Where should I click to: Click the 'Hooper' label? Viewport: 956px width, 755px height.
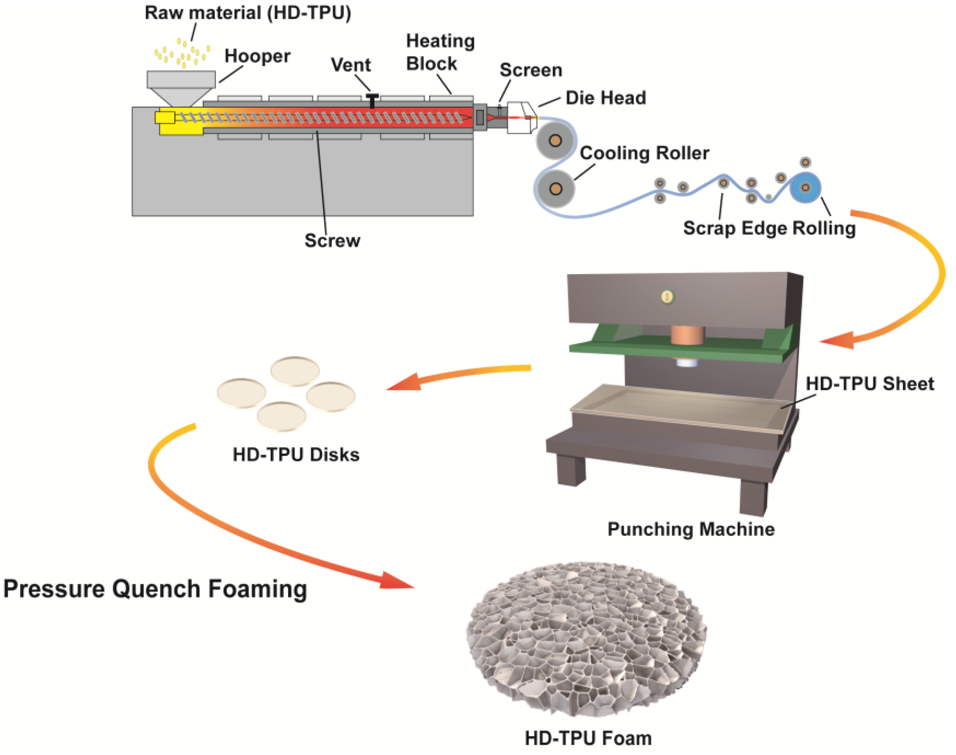257,56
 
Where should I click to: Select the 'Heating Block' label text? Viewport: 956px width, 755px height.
440,52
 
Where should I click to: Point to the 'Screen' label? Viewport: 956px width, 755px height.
530,70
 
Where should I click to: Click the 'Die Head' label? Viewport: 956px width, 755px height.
606,98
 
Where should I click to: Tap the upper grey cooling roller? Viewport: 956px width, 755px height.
555,141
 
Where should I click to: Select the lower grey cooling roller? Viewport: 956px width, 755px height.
555,189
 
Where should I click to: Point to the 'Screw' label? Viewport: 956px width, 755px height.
332,240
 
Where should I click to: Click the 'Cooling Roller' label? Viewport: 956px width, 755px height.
644,153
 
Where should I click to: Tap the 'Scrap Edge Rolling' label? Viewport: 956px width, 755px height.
769,228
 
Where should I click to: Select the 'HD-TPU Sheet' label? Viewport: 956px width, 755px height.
869,384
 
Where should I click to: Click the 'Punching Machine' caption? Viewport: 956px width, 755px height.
691,529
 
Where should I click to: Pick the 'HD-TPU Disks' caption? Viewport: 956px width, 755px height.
296,454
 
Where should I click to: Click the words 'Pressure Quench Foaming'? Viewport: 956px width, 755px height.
155,589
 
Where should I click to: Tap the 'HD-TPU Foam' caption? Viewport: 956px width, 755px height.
588,738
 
